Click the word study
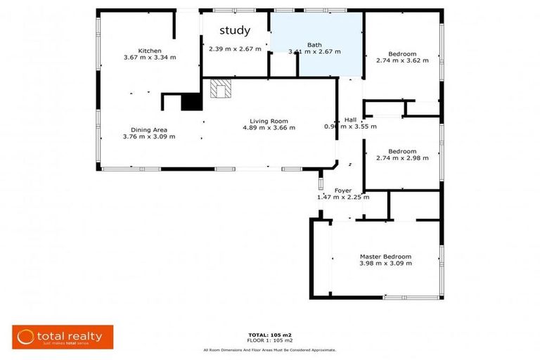pyautogui.click(x=235, y=31)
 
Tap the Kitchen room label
pyautogui.click(x=150, y=51)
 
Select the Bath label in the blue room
pyautogui.click(x=315, y=45)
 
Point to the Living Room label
pyautogui.click(x=269, y=121)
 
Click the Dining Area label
pyautogui.click(x=148, y=129)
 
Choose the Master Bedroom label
pyautogui.click(x=385, y=257)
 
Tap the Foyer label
pyautogui.click(x=342, y=191)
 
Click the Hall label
pyautogui.click(x=350, y=120)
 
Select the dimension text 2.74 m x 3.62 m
pyautogui.click(x=402, y=60)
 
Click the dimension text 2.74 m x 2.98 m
pyautogui.click(x=402, y=158)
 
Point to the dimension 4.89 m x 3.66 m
pyautogui.click(x=269, y=128)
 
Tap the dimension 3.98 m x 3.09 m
pyautogui.click(x=385, y=264)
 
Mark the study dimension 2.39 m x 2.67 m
pyautogui.click(x=235, y=49)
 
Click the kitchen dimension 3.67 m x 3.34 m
pyautogui.click(x=150, y=57)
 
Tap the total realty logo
pyautogui.click(x=63, y=337)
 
